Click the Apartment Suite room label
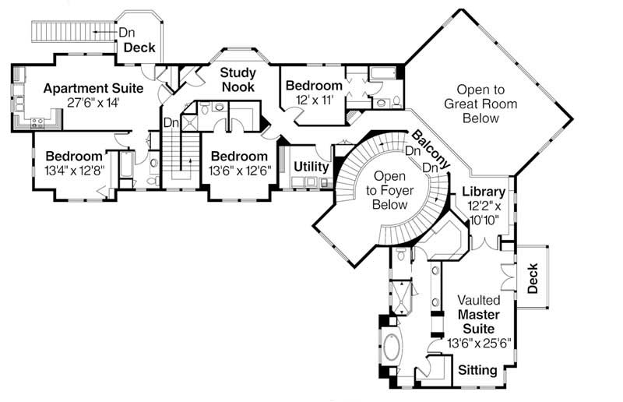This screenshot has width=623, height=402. [x=93, y=88]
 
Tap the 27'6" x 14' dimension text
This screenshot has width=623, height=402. [x=93, y=102]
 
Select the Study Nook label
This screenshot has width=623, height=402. [x=238, y=79]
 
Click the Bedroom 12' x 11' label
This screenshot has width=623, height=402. [x=314, y=85]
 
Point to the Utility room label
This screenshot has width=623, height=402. [x=311, y=167]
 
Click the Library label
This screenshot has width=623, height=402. [x=484, y=192]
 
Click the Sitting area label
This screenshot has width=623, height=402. [x=477, y=370]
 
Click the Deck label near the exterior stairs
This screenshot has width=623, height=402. [x=140, y=48]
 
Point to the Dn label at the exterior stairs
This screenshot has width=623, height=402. [x=125, y=32]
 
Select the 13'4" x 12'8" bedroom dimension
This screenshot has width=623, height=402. [x=74, y=169]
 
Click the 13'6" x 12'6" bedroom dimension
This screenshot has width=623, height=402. [x=241, y=169]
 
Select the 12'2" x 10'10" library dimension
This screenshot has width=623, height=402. [x=484, y=213]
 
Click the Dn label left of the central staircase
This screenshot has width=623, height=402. [x=171, y=122]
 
